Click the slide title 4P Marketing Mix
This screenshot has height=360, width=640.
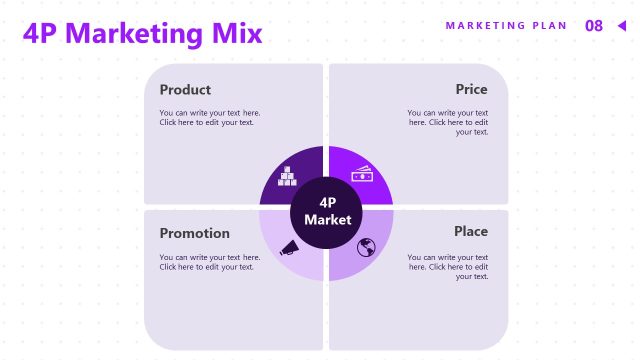coord(142,34)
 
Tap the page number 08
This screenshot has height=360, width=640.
coord(594,26)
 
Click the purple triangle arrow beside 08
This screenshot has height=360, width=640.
coord(621,26)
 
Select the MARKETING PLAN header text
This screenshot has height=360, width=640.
coord(506,26)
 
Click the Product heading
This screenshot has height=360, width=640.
coord(185,89)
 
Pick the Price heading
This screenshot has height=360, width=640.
coord(471,89)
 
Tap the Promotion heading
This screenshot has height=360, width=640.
coord(195,233)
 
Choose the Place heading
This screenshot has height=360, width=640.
coord(471,231)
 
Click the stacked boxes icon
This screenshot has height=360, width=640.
coord(289,177)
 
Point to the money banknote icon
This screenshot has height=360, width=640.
coord(362,174)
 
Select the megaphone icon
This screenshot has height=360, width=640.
coord(289,247)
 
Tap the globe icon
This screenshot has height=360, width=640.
coord(365,246)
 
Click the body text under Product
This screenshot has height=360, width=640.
coord(210,118)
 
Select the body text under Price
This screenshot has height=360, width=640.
coord(448,122)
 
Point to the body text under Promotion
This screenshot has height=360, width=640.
coord(210,262)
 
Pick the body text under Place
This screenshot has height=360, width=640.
coord(448,266)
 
